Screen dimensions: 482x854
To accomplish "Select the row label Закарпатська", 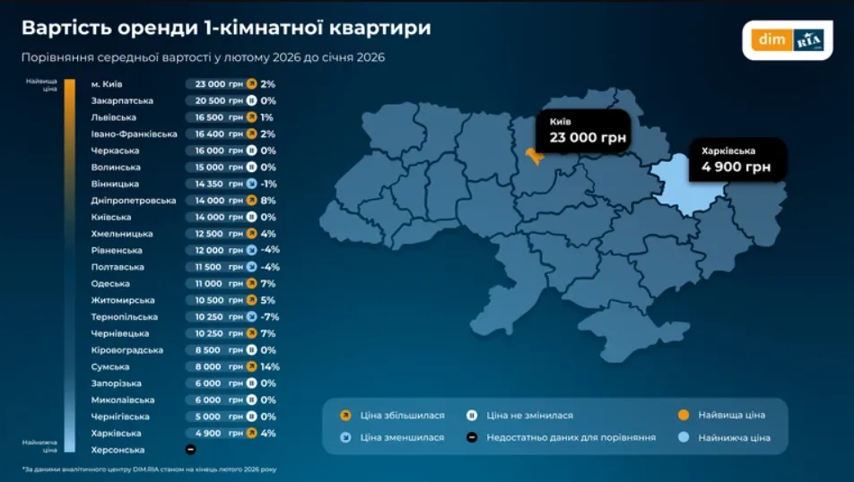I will click(122, 100).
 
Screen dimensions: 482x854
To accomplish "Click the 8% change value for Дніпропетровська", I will click(267, 201).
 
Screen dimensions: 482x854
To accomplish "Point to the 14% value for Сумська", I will click(269, 366).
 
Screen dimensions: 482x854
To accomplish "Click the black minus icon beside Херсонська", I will click(190, 450).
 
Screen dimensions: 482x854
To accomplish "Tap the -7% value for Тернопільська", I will click(270, 317).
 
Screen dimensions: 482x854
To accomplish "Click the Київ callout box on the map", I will click(582, 131).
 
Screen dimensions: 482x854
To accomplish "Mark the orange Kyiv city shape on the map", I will click(535, 156).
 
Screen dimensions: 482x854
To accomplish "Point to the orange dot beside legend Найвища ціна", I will click(684, 415).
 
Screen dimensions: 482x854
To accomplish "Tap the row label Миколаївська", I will click(123, 400).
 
